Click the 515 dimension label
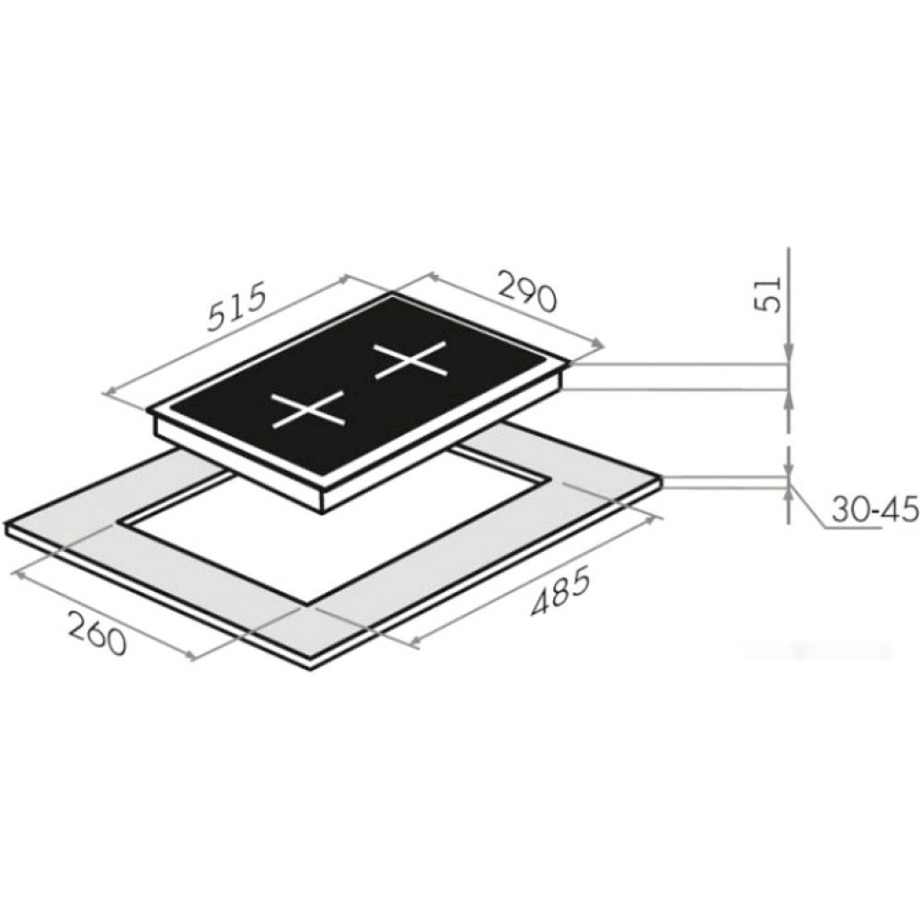(x=237, y=307)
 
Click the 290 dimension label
(x=525, y=290)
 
